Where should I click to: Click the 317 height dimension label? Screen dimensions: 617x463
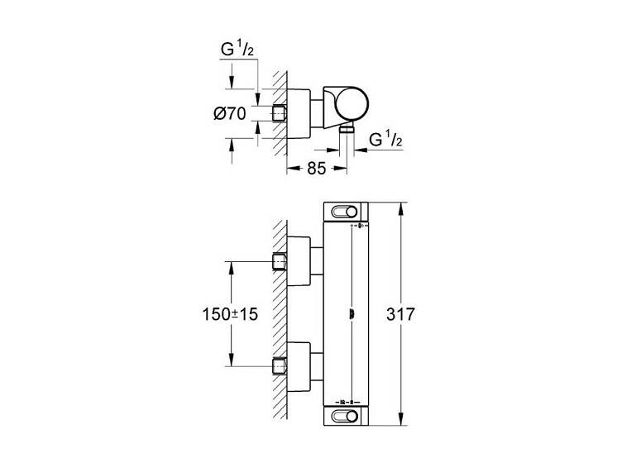tap(400, 314)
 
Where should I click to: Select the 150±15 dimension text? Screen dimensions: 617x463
tap(230, 314)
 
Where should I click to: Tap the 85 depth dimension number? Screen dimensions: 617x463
tap(317, 169)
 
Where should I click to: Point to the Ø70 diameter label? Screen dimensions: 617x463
tap(229, 114)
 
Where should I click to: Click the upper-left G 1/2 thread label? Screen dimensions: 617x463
tap(237, 50)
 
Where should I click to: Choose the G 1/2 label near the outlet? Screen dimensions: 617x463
tap(386, 140)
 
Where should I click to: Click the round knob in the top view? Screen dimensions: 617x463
tap(353, 104)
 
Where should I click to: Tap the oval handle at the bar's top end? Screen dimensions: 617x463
tap(345, 212)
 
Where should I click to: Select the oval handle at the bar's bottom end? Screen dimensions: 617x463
tap(345, 416)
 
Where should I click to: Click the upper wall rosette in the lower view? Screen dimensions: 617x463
tap(299, 261)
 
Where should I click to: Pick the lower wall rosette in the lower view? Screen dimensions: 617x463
tap(299, 366)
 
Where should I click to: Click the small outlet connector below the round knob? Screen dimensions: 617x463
tap(347, 129)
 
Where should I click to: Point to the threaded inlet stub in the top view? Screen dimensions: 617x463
tap(280, 114)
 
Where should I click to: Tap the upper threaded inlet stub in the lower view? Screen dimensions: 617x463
tap(280, 261)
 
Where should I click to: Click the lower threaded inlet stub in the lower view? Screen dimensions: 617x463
tap(280, 366)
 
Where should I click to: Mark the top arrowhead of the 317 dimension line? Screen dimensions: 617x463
tap(401, 209)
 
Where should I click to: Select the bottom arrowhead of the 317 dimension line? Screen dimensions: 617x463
tap(401, 418)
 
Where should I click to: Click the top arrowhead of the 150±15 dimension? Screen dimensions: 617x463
tap(232, 268)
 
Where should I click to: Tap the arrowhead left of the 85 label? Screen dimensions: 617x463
tap(294, 169)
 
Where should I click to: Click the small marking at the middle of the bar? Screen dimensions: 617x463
tap(352, 314)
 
